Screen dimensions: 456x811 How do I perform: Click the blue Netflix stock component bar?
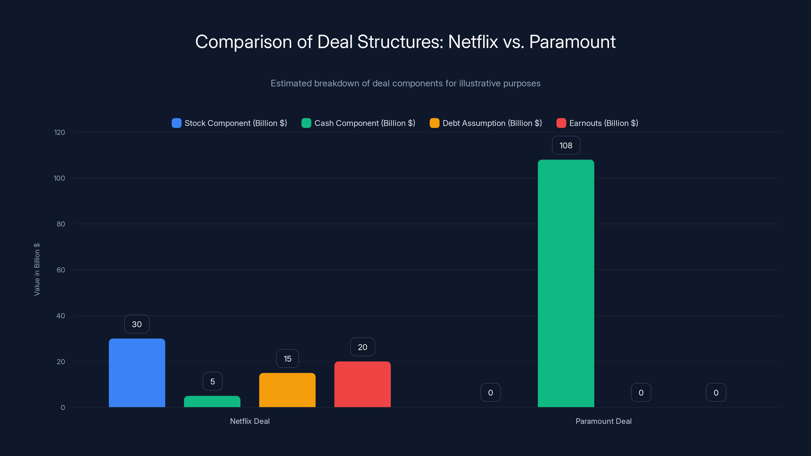(137, 373)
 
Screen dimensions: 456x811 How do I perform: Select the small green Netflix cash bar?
(212, 402)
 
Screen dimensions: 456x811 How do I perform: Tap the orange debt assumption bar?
(287, 390)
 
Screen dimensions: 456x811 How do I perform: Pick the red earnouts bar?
(362, 384)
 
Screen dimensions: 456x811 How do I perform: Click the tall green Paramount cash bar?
(566, 283)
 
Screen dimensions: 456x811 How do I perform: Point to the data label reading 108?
(566, 145)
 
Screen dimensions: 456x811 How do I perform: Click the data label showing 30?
(137, 324)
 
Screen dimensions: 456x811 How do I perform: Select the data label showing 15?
(287, 358)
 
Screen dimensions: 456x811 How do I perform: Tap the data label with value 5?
(213, 382)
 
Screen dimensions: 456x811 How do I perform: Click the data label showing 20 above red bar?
(362, 347)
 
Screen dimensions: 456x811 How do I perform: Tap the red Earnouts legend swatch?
(561, 123)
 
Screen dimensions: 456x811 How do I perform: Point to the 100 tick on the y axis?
(59, 178)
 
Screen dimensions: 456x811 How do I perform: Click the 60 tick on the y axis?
(61, 270)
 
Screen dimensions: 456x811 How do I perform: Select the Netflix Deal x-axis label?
(250, 421)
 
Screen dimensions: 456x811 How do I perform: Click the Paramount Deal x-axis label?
(603, 421)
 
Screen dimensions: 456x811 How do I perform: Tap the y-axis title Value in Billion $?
(37, 269)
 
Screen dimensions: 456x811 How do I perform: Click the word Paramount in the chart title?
(572, 42)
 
